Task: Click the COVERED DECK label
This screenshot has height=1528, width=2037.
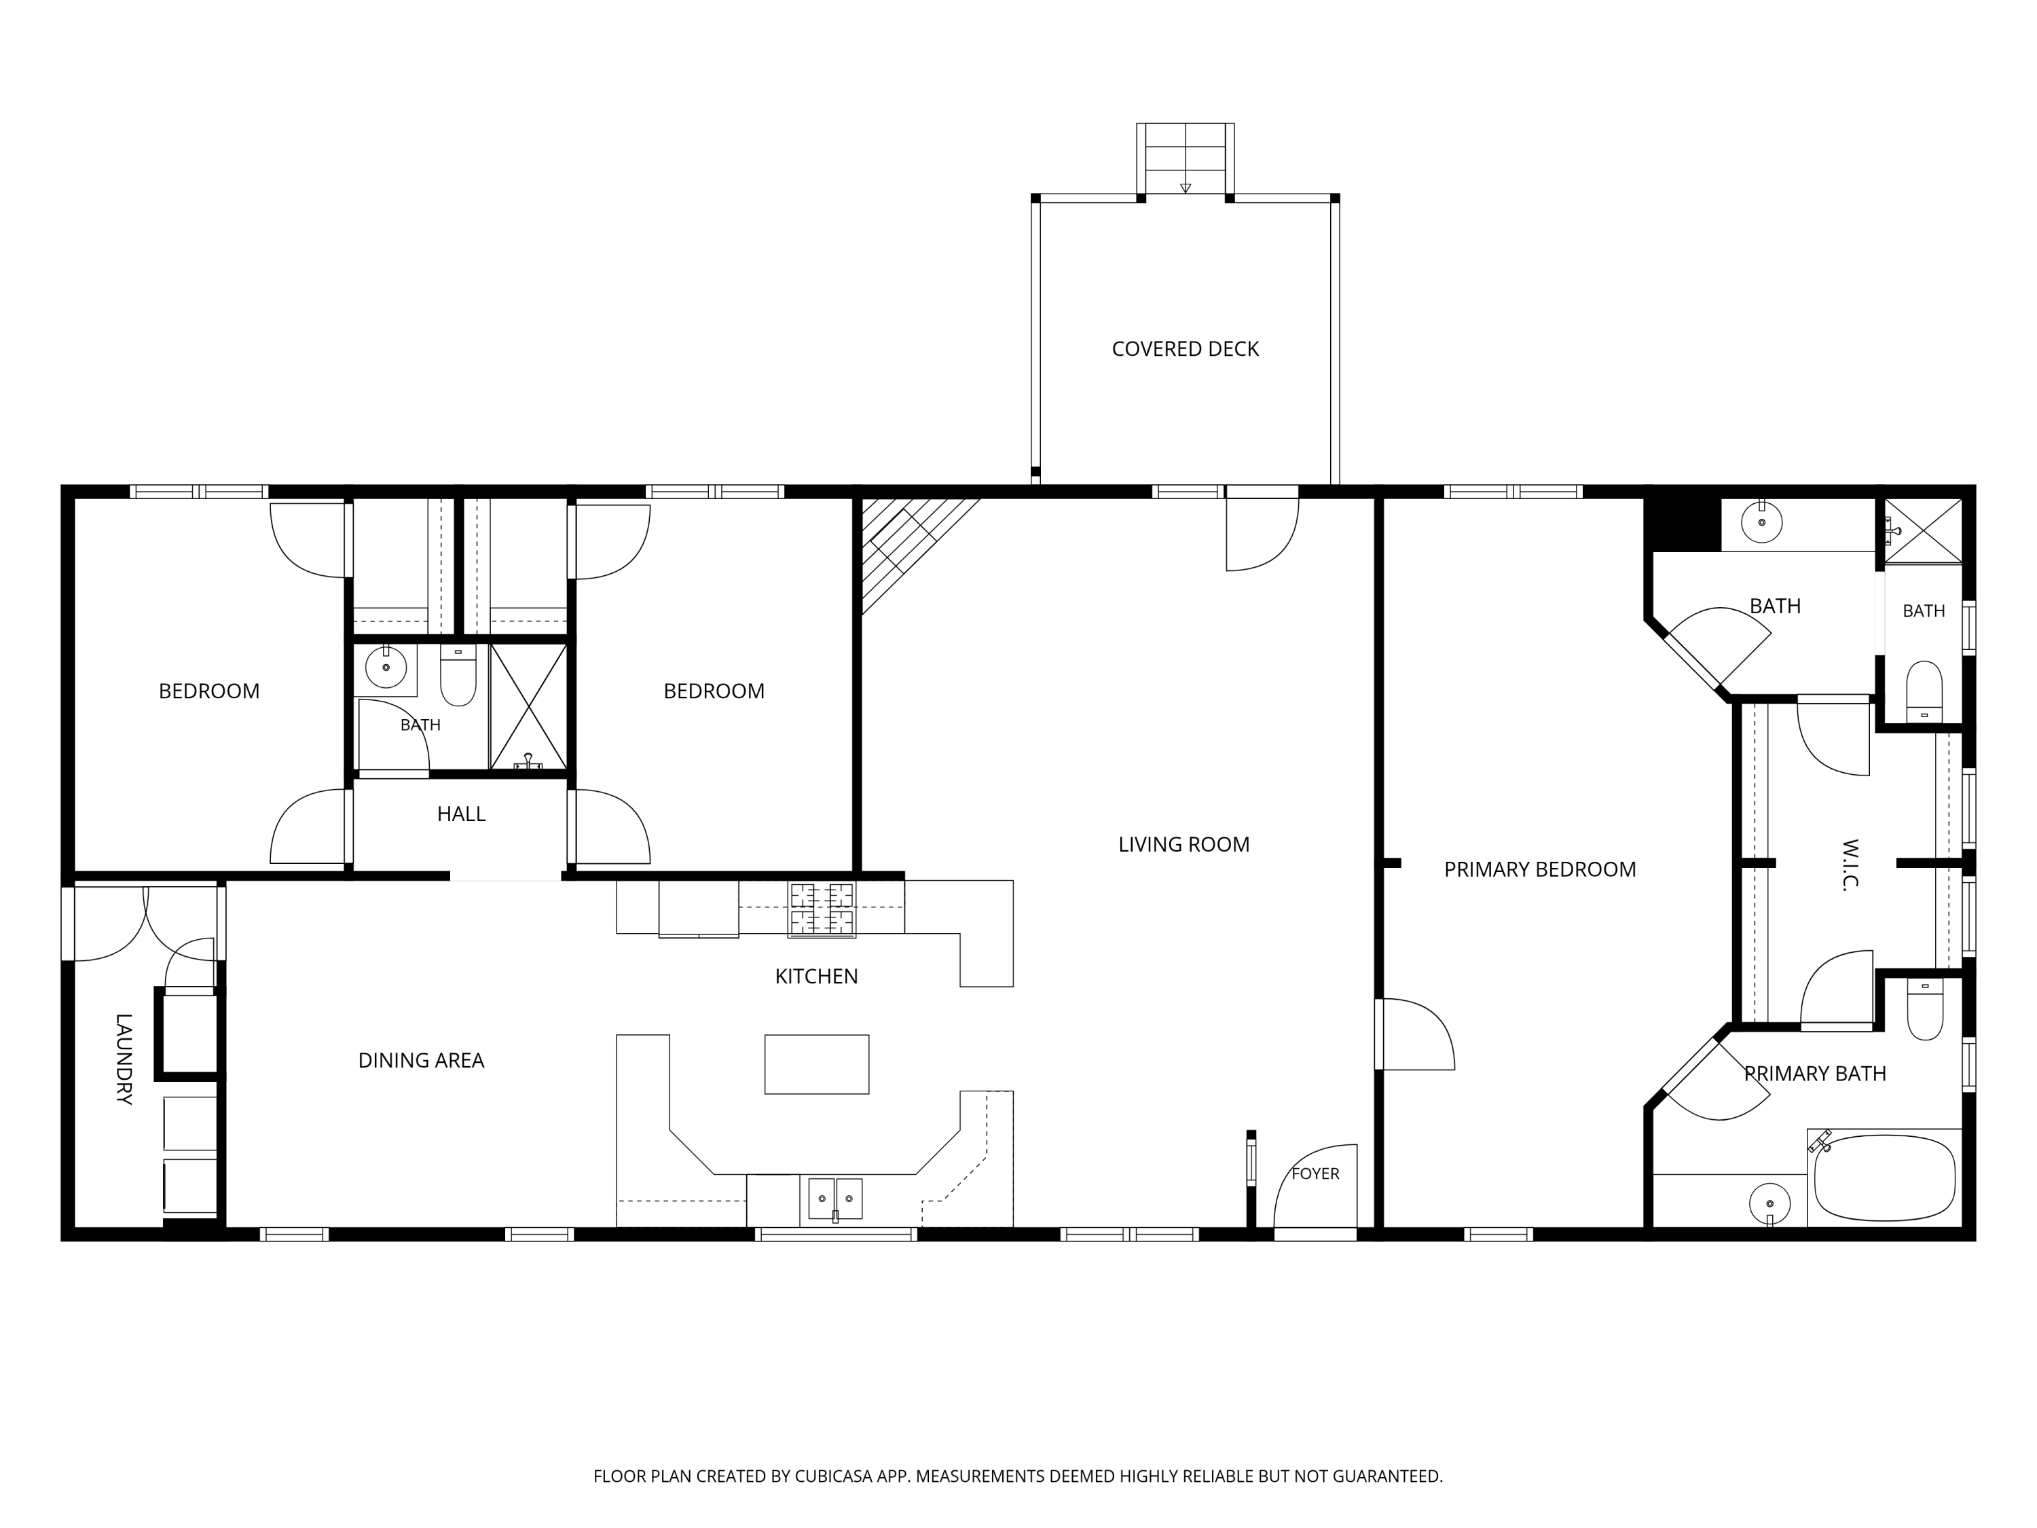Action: coord(1184,349)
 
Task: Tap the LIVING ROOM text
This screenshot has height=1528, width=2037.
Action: coord(1183,845)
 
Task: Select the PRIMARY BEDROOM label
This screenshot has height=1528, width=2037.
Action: coord(1540,869)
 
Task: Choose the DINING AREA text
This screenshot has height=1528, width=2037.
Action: coord(421,1060)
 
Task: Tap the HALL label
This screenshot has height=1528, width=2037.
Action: coord(460,814)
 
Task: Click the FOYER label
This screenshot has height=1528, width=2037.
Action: coord(1315,1174)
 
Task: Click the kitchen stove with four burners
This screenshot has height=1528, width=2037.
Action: coord(822,909)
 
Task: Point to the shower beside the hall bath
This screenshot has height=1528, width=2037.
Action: coord(528,706)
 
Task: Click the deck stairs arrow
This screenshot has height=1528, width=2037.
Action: coord(1185,188)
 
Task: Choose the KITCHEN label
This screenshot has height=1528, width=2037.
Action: coord(816,977)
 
